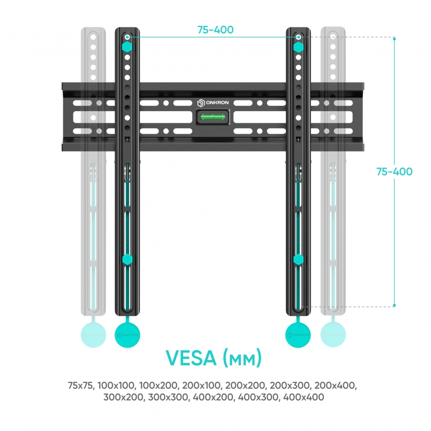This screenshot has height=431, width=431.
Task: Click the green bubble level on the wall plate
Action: coord(213,117)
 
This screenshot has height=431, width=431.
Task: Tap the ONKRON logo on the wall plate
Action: coord(213,103)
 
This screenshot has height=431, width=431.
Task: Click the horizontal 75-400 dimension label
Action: coord(215,30)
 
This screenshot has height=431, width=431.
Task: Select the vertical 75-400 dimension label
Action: coord(394,171)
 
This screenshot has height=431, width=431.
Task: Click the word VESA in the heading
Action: coord(191,358)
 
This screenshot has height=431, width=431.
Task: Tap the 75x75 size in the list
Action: coord(81,385)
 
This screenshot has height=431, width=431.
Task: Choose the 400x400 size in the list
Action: coord(304,397)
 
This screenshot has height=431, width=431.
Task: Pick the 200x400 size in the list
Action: coord(335,385)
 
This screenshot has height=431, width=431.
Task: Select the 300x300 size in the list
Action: coord(168,397)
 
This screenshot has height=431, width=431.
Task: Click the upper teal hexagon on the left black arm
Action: coord(127,47)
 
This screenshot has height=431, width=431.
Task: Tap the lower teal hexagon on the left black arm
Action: coord(127,260)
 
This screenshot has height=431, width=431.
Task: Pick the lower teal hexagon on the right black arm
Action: coord(298,260)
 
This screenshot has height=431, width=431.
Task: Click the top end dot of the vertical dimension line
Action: coord(394,39)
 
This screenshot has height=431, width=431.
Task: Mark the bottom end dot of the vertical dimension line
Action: coord(394,305)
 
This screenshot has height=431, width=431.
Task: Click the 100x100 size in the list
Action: coord(117,385)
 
